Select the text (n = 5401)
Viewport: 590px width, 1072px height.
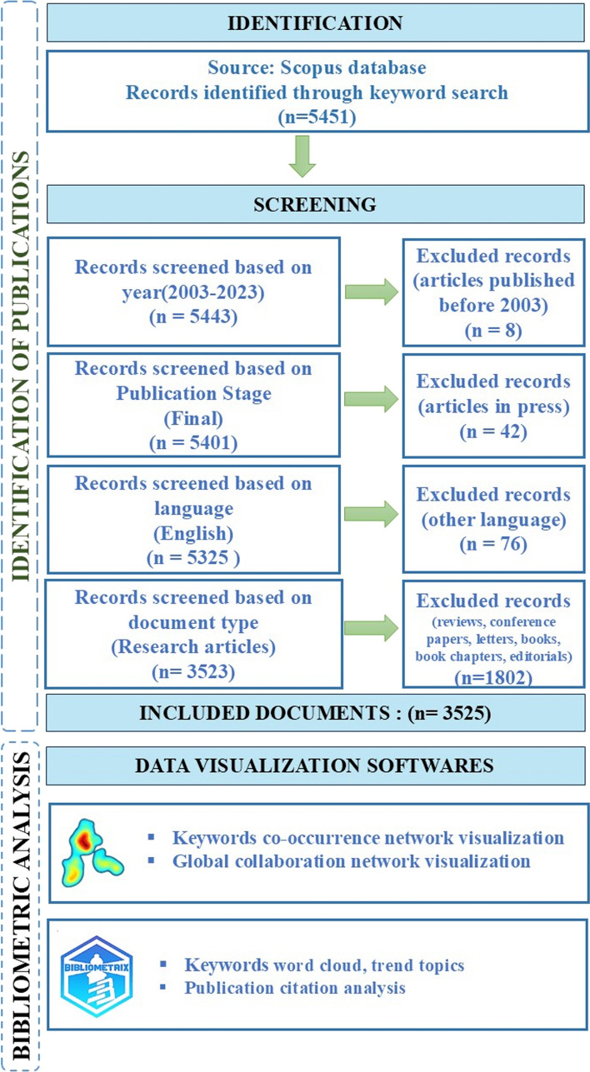pos(193,443)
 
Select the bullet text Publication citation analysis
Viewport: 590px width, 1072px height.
pos(295,989)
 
